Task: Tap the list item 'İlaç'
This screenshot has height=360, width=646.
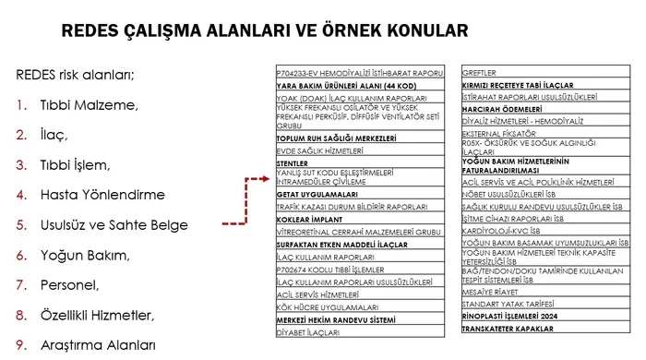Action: (x=54, y=135)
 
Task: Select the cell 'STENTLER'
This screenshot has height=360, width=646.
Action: (x=293, y=163)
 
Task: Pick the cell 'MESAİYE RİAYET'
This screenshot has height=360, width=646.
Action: (x=491, y=289)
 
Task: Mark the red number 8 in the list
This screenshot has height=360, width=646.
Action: (x=20, y=316)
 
